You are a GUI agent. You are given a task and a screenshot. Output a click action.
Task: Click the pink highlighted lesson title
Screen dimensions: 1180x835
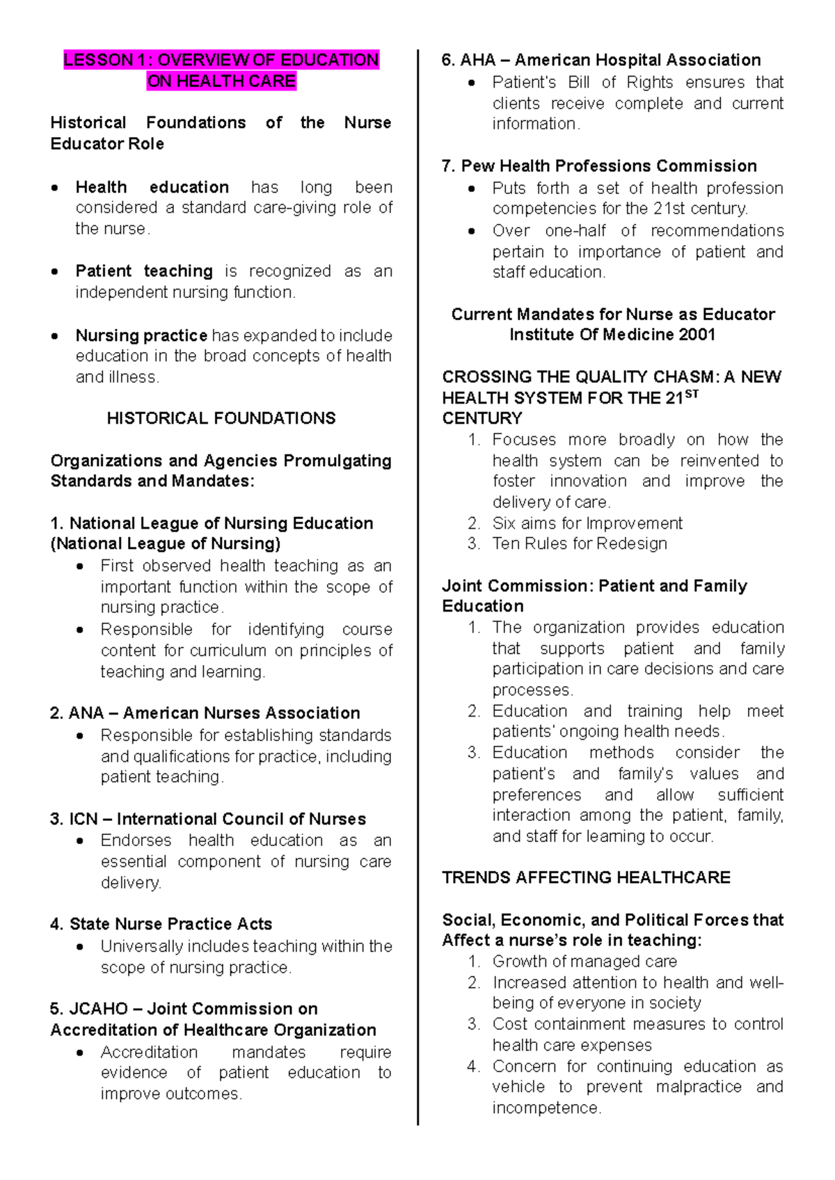point(221,70)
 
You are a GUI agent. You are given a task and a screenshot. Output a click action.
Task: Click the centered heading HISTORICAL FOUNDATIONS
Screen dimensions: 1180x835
point(221,418)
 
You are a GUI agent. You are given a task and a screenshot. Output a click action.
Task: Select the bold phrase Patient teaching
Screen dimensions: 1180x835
point(144,271)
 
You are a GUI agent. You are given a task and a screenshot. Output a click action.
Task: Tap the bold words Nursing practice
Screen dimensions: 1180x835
point(141,335)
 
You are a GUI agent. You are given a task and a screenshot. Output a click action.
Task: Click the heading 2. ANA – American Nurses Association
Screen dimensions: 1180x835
point(205,713)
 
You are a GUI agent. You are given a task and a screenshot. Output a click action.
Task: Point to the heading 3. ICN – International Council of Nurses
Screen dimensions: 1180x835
point(208,819)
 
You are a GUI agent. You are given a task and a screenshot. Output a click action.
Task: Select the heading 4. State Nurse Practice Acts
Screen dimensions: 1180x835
point(161,924)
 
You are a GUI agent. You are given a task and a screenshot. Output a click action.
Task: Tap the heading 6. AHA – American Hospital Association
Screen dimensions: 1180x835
point(601,60)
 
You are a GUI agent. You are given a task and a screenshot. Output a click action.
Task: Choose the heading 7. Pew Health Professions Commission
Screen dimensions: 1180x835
point(599,166)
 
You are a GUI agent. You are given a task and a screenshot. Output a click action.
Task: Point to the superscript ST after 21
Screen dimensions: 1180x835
point(691,394)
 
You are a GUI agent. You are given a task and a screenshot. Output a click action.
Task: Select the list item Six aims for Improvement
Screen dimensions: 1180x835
point(587,523)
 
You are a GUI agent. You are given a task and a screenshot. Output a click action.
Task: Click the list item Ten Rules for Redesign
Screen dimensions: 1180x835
point(580,543)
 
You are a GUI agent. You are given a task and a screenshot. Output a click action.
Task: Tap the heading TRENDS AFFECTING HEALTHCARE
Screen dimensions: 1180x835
point(586,877)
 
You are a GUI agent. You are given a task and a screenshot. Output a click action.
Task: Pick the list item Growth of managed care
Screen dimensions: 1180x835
point(584,962)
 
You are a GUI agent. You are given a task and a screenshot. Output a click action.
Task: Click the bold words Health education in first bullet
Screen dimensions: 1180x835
point(152,187)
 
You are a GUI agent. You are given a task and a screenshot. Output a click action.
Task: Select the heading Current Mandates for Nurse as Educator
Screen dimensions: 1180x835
point(612,314)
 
